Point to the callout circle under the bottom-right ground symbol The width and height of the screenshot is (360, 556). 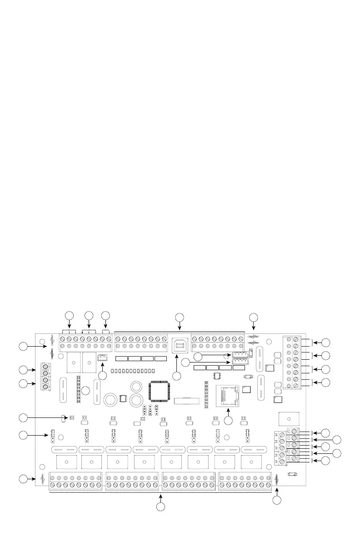[277, 500]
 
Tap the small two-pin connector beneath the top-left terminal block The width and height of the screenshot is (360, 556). [102, 359]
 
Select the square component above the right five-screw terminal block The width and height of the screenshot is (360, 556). [287, 418]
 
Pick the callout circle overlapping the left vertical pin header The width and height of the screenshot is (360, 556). [85, 391]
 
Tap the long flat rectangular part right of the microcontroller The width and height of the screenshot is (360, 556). [187, 401]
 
